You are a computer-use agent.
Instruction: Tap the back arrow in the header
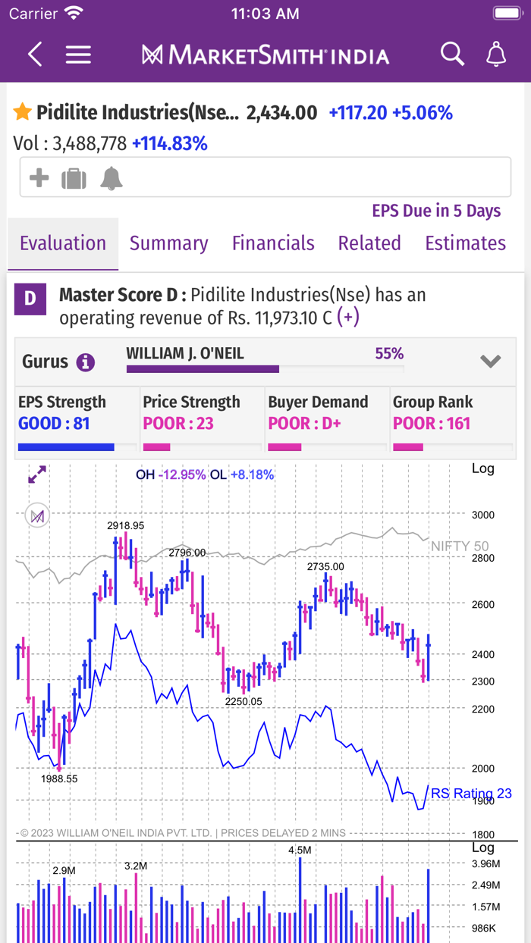coord(35,55)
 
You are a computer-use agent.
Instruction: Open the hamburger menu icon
coord(78,55)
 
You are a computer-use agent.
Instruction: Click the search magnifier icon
coord(452,55)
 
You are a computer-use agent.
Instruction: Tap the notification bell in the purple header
coord(496,55)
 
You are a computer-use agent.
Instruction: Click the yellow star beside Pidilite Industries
coord(23,113)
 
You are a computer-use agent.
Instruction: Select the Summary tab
coord(168,243)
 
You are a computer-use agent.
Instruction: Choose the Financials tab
coord(273,243)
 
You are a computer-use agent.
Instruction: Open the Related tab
coord(369,243)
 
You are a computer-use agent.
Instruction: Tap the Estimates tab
coord(465,243)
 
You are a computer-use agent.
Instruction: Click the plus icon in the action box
coord(39,178)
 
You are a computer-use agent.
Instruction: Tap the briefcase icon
coord(74,179)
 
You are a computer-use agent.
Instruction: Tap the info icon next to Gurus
coord(86,362)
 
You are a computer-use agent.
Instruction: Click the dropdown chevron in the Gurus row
coord(491,362)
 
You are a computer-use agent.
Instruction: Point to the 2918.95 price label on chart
coord(126,525)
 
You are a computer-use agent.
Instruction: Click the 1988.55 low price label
coord(59,779)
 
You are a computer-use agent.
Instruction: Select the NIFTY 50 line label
coord(460,546)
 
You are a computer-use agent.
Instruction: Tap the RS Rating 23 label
coord(471,794)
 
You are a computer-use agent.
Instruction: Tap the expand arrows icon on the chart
coord(37,475)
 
